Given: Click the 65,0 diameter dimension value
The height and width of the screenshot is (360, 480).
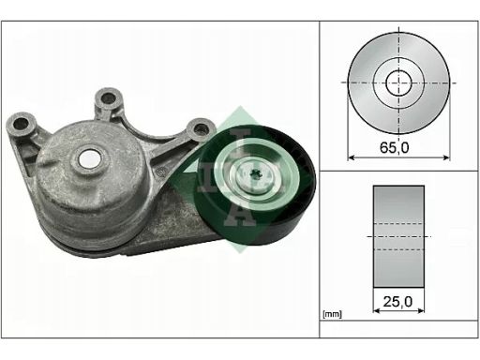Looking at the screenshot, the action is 394,147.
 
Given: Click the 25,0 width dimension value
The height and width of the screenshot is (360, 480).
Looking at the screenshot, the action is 397,302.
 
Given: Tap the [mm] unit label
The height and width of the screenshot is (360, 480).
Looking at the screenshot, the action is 333,314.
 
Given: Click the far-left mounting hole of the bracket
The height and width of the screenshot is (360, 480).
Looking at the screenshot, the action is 22,124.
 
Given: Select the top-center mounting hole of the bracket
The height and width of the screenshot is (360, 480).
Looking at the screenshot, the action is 108,98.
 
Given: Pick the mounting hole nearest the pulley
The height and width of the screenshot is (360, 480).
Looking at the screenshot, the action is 201,129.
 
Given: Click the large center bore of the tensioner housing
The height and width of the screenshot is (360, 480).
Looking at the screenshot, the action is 90,158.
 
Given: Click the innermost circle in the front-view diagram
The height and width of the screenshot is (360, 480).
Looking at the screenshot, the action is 398,82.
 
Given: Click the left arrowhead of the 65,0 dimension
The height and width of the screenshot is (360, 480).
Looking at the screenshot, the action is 352,157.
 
